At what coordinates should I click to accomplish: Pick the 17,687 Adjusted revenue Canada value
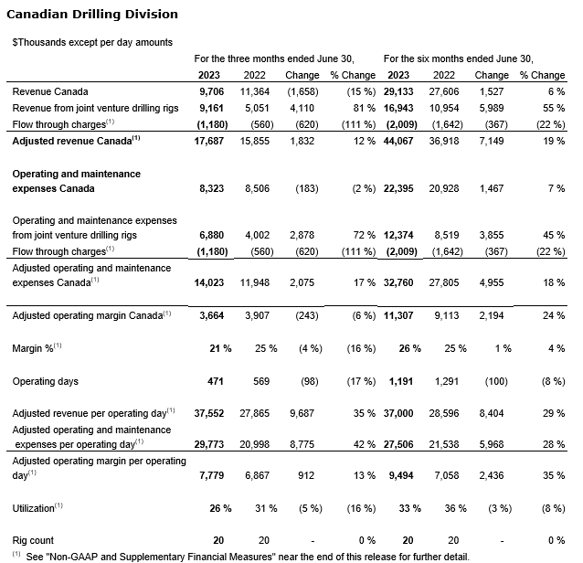(x=211, y=141)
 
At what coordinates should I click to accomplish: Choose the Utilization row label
(x=37, y=505)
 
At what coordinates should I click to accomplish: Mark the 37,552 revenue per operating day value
(x=211, y=412)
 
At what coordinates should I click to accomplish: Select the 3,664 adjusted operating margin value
(x=214, y=315)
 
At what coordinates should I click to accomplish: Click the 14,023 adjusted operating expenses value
(x=211, y=284)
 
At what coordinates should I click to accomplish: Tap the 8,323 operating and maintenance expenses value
(x=214, y=188)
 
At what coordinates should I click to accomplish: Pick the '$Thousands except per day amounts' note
(x=93, y=43)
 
